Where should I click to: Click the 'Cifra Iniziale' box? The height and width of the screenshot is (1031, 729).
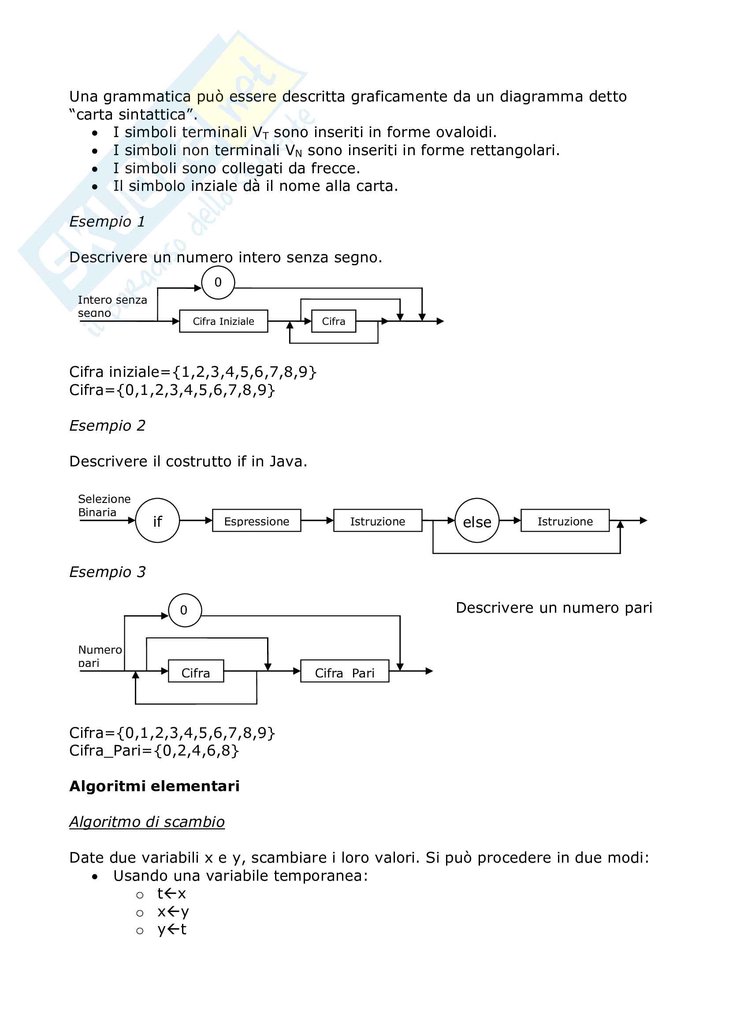[223, 321]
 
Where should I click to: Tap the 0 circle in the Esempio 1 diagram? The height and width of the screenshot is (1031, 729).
[218, 283]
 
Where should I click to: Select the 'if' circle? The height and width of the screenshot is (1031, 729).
[157, 521]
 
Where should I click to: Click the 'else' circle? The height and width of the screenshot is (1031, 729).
[477, 521]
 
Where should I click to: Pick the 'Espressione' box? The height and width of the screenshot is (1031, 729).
[257, 521]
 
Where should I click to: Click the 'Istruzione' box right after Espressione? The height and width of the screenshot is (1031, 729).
[378, 521]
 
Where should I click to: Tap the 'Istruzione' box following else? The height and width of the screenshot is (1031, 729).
[565, 521]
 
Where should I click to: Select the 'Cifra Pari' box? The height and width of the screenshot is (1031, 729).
[344, 673]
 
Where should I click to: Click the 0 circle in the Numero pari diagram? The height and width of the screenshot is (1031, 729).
[185, 610]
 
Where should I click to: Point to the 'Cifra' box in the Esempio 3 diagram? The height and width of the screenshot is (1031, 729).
[196, 673]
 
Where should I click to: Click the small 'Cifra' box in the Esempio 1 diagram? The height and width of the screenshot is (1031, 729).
[334, 321]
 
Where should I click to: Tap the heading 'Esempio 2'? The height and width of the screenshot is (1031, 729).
[107, 426]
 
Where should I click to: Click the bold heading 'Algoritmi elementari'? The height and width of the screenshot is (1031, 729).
[154, 786]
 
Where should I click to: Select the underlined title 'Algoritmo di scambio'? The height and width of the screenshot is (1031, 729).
[147, 822]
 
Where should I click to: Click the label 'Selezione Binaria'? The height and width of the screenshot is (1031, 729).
[104, 506]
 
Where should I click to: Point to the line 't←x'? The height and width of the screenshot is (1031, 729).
[171, 893]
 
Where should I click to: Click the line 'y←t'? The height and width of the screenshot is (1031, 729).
[171, 930]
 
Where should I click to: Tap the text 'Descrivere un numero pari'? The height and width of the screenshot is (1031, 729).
[554, 607]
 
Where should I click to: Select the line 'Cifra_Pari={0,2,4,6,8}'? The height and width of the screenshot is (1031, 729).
[154, 750]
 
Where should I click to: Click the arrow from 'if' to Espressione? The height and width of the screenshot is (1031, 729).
[196, 521]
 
